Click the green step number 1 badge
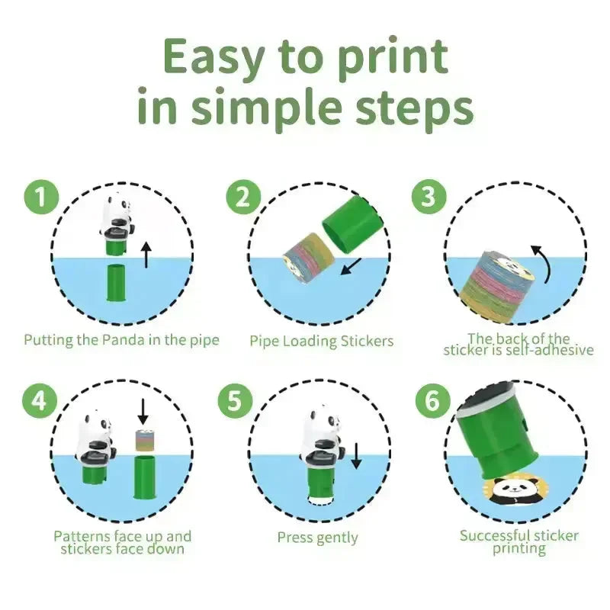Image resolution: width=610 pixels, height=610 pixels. click(x=41, y=197)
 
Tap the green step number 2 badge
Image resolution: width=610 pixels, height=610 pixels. click(x=243, y=197)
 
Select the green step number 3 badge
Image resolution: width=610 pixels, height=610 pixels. click(x=429, y=196)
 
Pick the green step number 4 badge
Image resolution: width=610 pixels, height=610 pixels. click(x=40, y=400)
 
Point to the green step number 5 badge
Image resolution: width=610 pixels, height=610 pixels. click(x=235, y=400)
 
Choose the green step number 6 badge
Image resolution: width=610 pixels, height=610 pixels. click(x=432, y=400)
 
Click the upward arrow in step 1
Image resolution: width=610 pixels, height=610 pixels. click(x=146, y=255)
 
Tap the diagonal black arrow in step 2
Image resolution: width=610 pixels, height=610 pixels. click(x=351, y=266)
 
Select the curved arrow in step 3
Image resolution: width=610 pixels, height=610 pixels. click(x=544, y=262)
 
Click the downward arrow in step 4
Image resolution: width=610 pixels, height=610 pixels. click(x=143, y=412)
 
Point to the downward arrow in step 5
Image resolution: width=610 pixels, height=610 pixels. click(x=356, y=456)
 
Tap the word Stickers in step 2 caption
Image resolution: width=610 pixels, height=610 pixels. click(x=367, y=341)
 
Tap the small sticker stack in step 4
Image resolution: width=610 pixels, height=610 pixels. click(x=143, y=441)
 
